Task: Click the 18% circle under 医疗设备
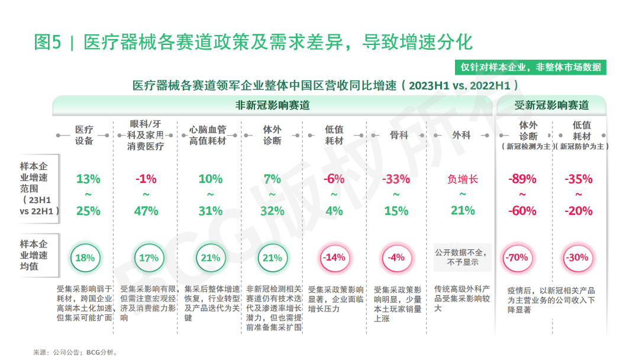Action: tap(84, 258)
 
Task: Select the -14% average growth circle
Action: tap(333, 258)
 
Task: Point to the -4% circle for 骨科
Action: tap(396, 258)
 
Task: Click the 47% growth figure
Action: tap(146, 211)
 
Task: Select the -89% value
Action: tap(522, 179)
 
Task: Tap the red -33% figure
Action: tap(396, 179)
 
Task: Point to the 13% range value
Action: tap(88, 179)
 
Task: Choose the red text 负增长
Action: tap(463, 179)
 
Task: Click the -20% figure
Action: tap(578, 211)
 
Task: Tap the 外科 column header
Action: tap(461, 135)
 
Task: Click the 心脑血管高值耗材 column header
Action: tap(208, 135)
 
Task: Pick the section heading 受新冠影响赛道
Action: tap(551, 105)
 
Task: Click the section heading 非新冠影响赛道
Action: tap(273, 105)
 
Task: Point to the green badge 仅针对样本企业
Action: tap(531, 67)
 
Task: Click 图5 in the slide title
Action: tap(47, 43)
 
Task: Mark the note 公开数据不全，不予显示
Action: tap(463, 256)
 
